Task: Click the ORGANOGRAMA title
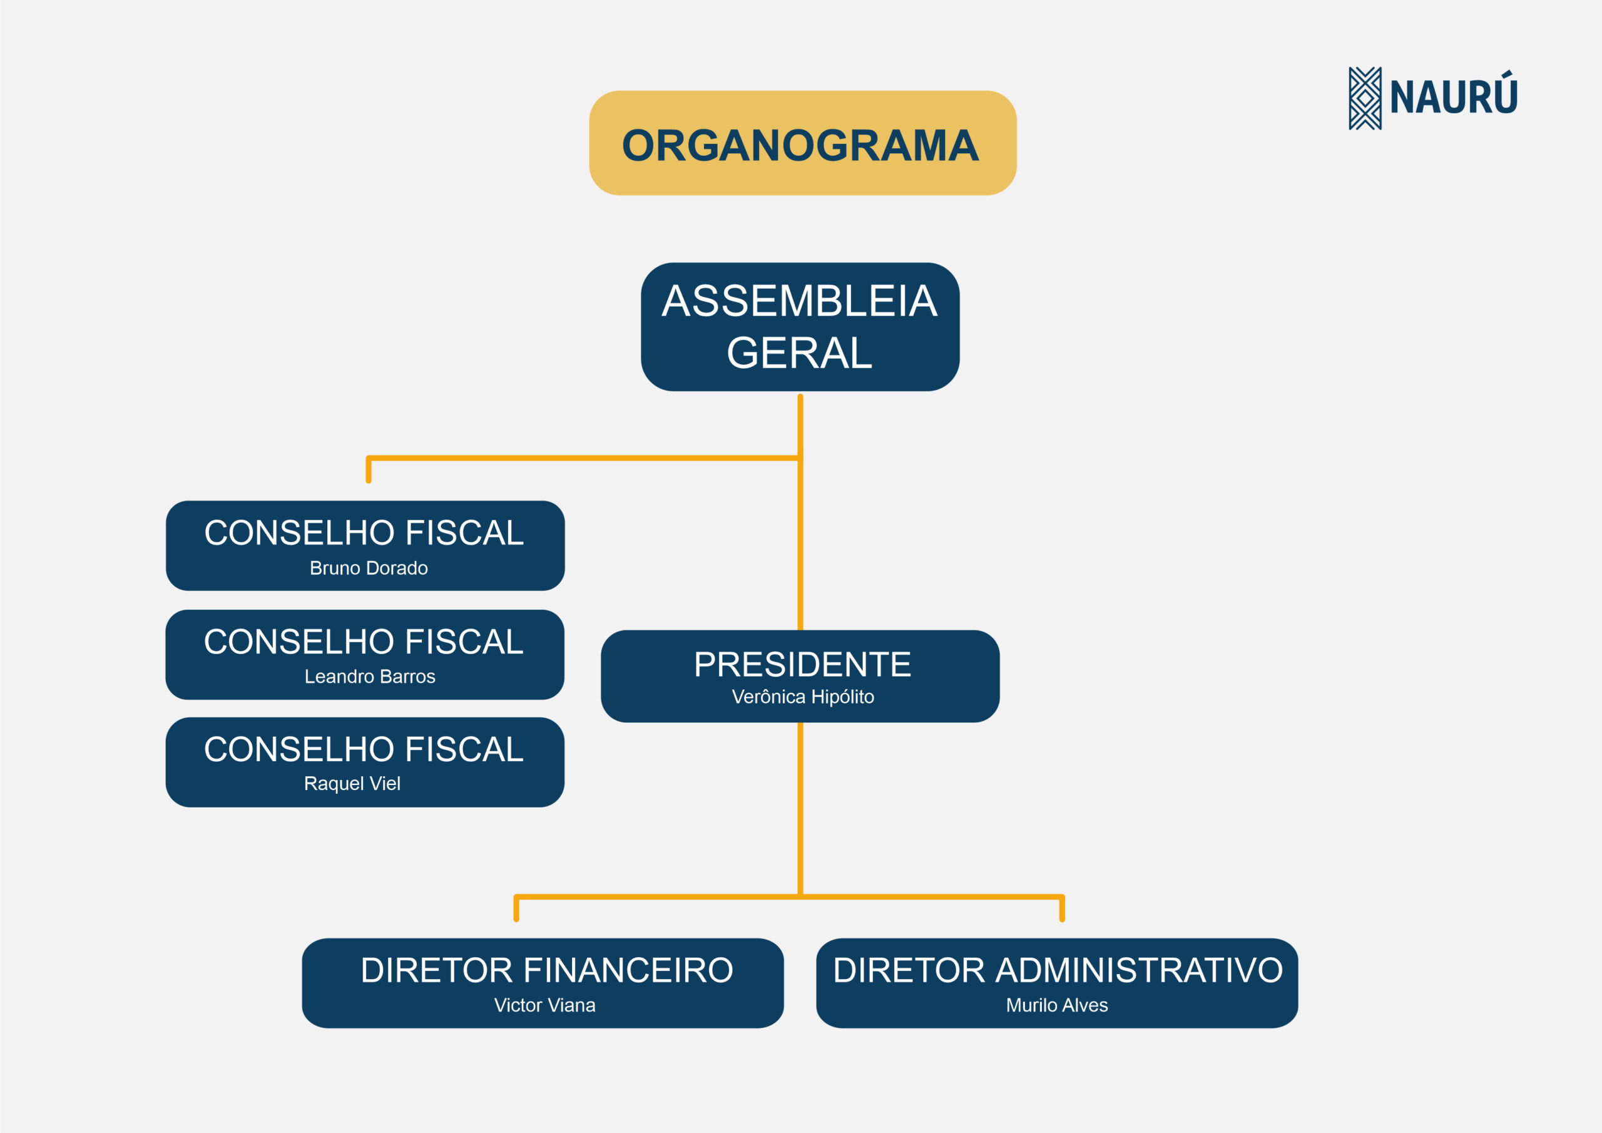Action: click(x=800, y=145)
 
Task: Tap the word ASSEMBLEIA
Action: click(x=800, y=302)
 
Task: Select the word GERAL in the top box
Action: click(x=800, y=353)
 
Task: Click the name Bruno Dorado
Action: click(x=369, y=568)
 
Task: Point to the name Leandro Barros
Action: click(x=370, y=677)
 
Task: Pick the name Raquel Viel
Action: click(x=352, y=784)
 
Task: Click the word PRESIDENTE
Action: click(x=802, y=664)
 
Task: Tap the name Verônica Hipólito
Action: click(x=803, y=697)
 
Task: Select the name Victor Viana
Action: click(x=545, y=1005)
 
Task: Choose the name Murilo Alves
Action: click(x=1057, y=1005)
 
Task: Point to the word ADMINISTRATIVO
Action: click(x=1139, y=970)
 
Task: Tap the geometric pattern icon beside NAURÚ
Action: click(x=1365, y=98)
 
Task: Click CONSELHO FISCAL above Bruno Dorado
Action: click(x=364, y=533)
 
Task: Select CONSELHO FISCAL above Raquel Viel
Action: click(x=364, y=749)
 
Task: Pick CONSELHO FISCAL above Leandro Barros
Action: click(x=364, y=642)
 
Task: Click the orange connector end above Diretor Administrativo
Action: click(x=1062, y=920)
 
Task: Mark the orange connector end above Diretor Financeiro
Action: click(x=516, y=920)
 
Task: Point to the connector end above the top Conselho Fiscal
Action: click(x=369, y=480)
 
